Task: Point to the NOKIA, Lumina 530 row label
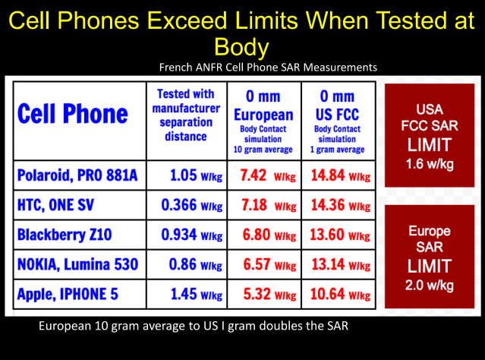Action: point(78,265)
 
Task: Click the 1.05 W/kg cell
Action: point(185,176)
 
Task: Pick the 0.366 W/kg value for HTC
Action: point(185,206)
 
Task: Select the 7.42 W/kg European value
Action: point(264,176)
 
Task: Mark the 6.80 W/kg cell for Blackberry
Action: point(264,235)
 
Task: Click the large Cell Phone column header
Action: point(72,115)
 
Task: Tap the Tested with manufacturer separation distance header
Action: point(185,115)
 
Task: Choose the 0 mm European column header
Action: point(264,118)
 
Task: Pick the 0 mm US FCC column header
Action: point(337,118)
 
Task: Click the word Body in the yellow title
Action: point(242,47)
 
